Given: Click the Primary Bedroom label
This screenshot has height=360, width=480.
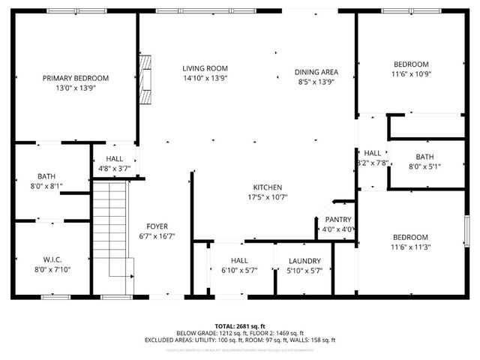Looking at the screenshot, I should [x=75, y=78].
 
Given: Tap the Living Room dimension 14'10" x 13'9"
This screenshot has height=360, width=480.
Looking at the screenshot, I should [x=205, y=78].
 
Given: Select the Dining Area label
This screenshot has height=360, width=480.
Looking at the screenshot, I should [x=316, y=72].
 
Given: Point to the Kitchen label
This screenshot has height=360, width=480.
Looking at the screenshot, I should [x=266, y=187].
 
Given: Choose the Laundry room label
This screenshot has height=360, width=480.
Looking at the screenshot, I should [x=304, y=261].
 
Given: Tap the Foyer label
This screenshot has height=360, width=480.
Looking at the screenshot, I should [x=157, y=226].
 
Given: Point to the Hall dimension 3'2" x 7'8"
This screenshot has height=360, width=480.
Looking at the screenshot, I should [x=372, y=162].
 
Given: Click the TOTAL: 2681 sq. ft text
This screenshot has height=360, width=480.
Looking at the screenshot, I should [x=240, y=326].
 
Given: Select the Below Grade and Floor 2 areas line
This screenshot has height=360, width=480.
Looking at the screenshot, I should [x=240, y=333].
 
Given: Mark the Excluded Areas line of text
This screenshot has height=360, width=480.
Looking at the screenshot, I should [x=240, y=340].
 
